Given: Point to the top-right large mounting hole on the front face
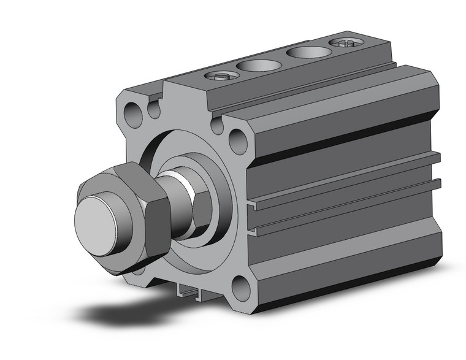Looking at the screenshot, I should click(238, 141).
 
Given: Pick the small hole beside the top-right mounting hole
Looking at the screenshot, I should click(216, 126).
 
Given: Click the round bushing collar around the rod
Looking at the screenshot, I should click(215, 202).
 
